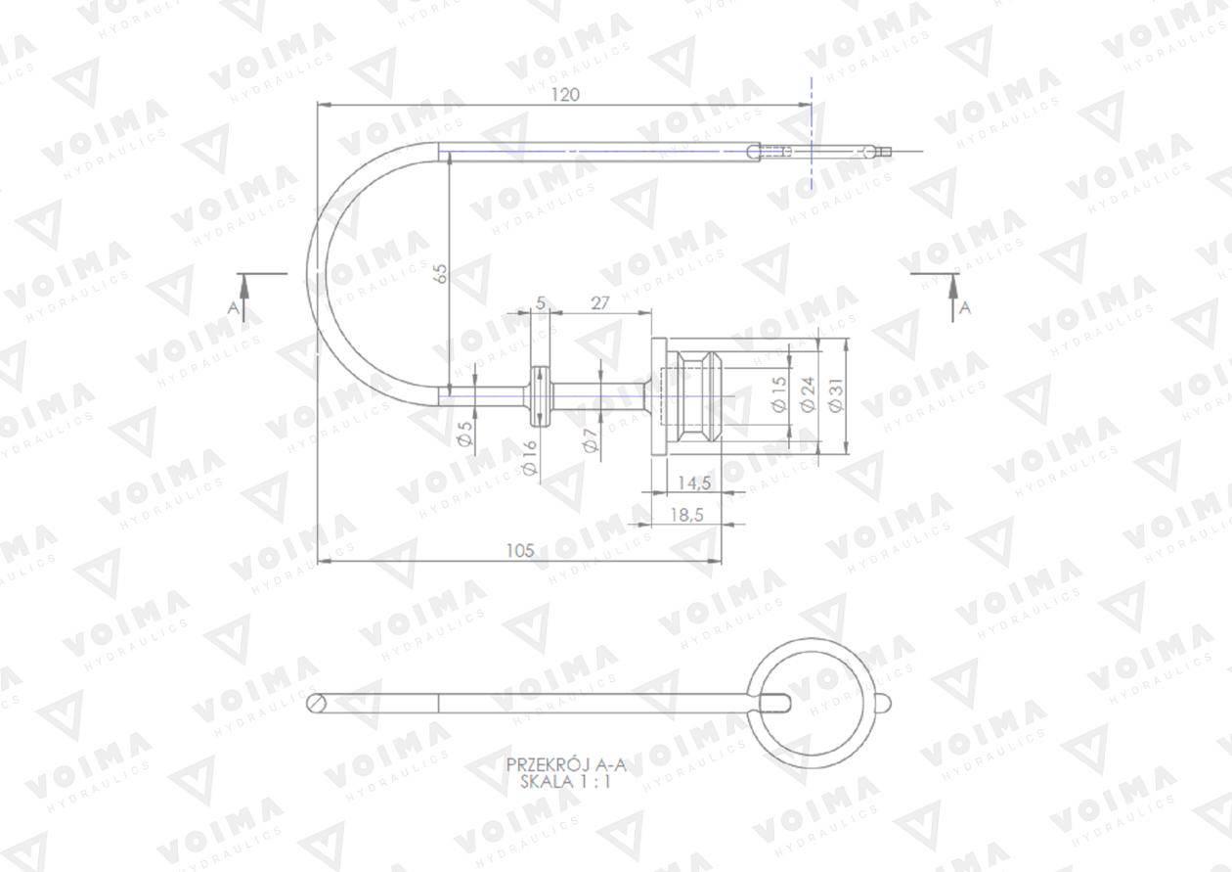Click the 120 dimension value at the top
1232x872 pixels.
[565, 95]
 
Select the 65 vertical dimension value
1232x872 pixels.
[441, 274]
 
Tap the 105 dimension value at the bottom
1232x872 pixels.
[520, 550]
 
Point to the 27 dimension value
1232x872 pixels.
[599, 302]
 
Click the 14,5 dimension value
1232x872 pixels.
[694, 482]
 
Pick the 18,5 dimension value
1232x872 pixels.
[687, 515]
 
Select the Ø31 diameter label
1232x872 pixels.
[835, 394]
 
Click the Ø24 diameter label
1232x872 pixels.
[808, 394]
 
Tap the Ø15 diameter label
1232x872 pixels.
[779, 394]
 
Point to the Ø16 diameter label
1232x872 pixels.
[530, 457]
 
